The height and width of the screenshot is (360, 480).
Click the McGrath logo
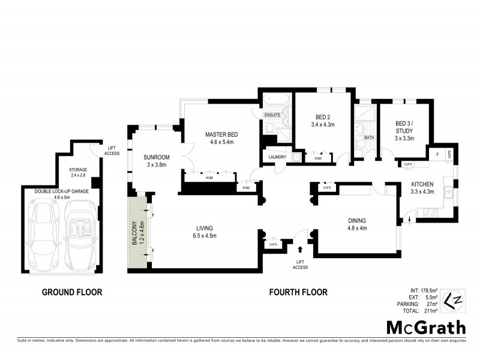(x=425, y=327)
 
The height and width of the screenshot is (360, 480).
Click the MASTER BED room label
(x=221, y=134)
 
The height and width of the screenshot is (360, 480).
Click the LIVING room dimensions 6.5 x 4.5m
(x=205, y=236)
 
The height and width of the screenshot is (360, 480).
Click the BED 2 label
(x=323, y=117)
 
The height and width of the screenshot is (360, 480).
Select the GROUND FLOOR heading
(x=72, y=292)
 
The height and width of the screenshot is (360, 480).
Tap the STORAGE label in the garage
(x=78, y=170)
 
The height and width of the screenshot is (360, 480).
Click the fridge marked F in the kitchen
(x=437, y=154)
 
